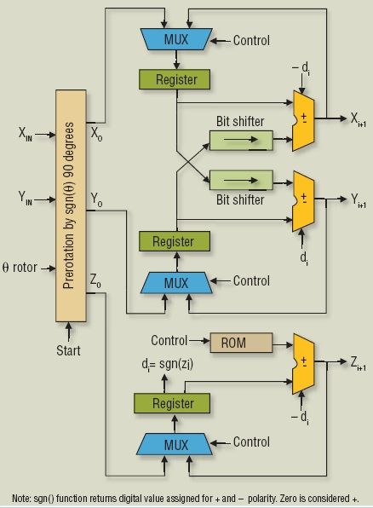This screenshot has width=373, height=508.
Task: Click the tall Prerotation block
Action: (x=71, y=205)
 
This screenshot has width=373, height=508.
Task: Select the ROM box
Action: (x=241, y=343)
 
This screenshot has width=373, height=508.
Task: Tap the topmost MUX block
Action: (x=176, y=39)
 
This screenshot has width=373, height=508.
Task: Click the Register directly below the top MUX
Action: (x=175, y=79)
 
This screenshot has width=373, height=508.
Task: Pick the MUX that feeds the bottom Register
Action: (x=175, y=444)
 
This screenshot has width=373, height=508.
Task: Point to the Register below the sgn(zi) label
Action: (x=172, y=403)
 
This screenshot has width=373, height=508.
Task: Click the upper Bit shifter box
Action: (x=241, y=141)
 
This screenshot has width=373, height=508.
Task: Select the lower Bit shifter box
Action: (x=241, y=180)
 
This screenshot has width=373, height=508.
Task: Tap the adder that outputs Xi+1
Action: (x=303, y=121)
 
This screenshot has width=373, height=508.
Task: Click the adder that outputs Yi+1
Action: (x=303, y=201)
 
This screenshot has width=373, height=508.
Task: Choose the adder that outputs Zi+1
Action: (x=303, y=364)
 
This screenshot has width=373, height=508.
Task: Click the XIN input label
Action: (x=26, y=134)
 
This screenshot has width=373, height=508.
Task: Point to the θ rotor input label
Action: (x=20, y=268)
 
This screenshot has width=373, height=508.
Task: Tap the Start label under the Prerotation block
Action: (x=68, y=350)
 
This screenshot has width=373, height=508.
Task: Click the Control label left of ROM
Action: (x=169, y=340)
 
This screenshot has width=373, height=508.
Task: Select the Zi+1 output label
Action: (x=359, y=363)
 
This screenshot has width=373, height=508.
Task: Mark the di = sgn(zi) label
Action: (x=168, y=365)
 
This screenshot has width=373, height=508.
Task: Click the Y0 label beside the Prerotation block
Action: (x=96, y=199)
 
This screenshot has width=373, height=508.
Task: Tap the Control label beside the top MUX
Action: (x=251, y=41)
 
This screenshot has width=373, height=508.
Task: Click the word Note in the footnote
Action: (x=21, y=498)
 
